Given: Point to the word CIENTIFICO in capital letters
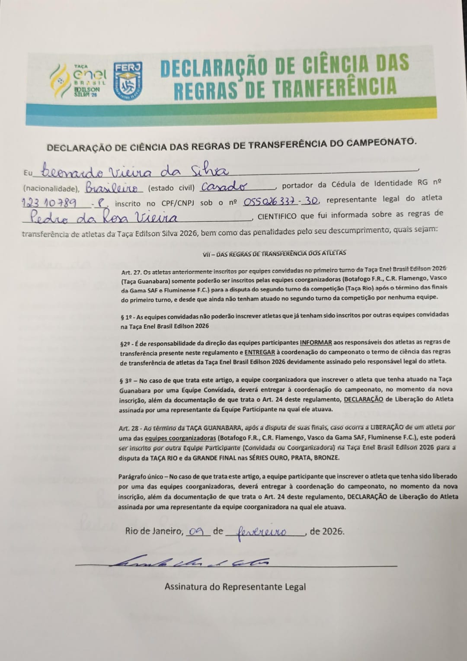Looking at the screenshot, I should tap(277, 215).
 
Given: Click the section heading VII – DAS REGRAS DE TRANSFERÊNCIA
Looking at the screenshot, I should tap(274, 254).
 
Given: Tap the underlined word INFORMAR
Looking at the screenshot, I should tap(316, 342).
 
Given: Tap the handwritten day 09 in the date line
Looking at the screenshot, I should tap(196, 532).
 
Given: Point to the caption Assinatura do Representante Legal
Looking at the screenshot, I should tap(235, 587).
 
